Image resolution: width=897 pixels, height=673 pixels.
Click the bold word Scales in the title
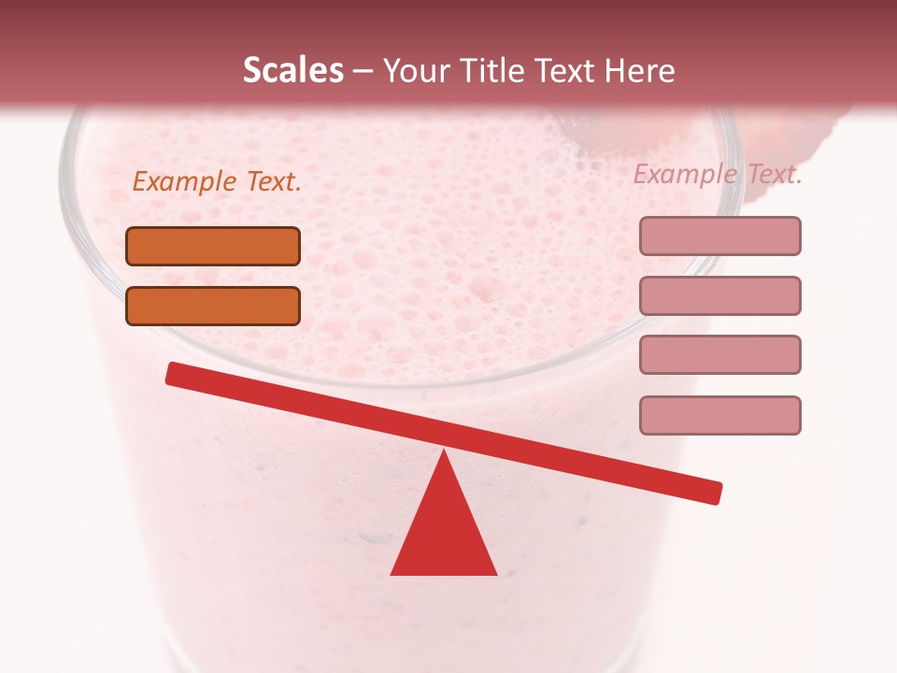292,70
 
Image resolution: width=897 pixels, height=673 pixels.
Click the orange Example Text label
217,182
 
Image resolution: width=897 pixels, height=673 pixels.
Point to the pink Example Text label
718,174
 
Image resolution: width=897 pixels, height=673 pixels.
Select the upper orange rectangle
213,246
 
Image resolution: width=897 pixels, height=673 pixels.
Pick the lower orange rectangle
213,306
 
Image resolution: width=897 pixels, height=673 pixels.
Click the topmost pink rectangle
719,236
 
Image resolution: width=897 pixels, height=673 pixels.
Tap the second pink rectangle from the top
719,295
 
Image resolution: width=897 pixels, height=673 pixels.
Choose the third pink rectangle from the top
719,354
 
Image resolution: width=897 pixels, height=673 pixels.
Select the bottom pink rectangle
719,415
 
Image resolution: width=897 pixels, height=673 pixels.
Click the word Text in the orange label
274,182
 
